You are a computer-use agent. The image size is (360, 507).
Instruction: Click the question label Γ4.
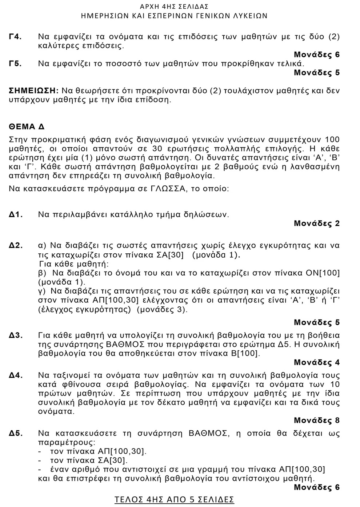click(x=15, y=37)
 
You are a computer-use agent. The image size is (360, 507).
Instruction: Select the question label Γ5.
click(x=15, y=64)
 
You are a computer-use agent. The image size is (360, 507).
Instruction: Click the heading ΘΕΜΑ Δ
click(x=27, y=127)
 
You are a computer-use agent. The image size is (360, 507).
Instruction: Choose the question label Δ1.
click(x=16, y=214)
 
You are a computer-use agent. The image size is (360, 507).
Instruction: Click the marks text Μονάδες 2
click(x=316, y=224)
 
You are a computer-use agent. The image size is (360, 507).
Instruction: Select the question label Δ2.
click(x=16, y=246)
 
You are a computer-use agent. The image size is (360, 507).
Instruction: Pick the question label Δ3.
click(x=16, y=335)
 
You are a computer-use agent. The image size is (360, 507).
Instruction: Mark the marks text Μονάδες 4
click(x=316, y=362)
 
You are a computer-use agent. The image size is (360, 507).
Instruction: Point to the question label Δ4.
click(x=16, y=375)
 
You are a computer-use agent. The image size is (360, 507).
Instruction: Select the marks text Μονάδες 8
click(x=316, y=421)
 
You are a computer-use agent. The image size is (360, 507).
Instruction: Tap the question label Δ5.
click(x=16, y=433)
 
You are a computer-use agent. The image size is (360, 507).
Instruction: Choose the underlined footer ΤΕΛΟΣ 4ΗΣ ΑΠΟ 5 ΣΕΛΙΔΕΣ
click(x=174, y=499)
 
